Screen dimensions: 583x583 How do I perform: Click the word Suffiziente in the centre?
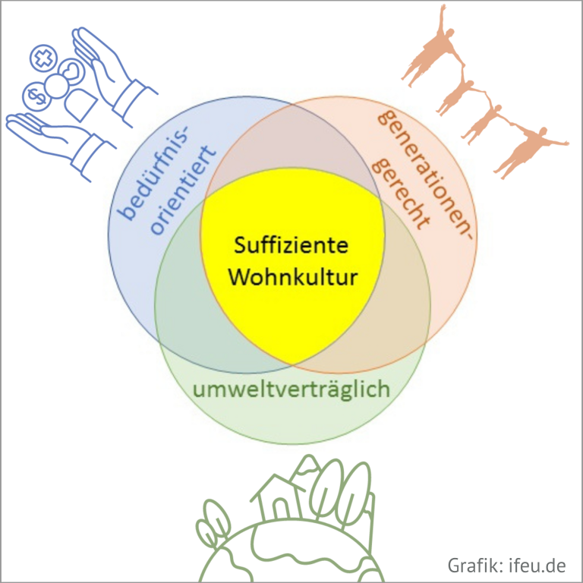291,245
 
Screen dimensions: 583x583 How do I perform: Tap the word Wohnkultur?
292,276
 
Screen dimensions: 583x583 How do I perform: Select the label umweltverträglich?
291,389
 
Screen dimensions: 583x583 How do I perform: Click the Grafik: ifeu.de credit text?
506,565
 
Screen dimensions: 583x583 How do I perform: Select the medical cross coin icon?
43,58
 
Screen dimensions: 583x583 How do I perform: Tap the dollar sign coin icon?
36,96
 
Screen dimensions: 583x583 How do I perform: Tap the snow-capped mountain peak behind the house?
307,465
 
